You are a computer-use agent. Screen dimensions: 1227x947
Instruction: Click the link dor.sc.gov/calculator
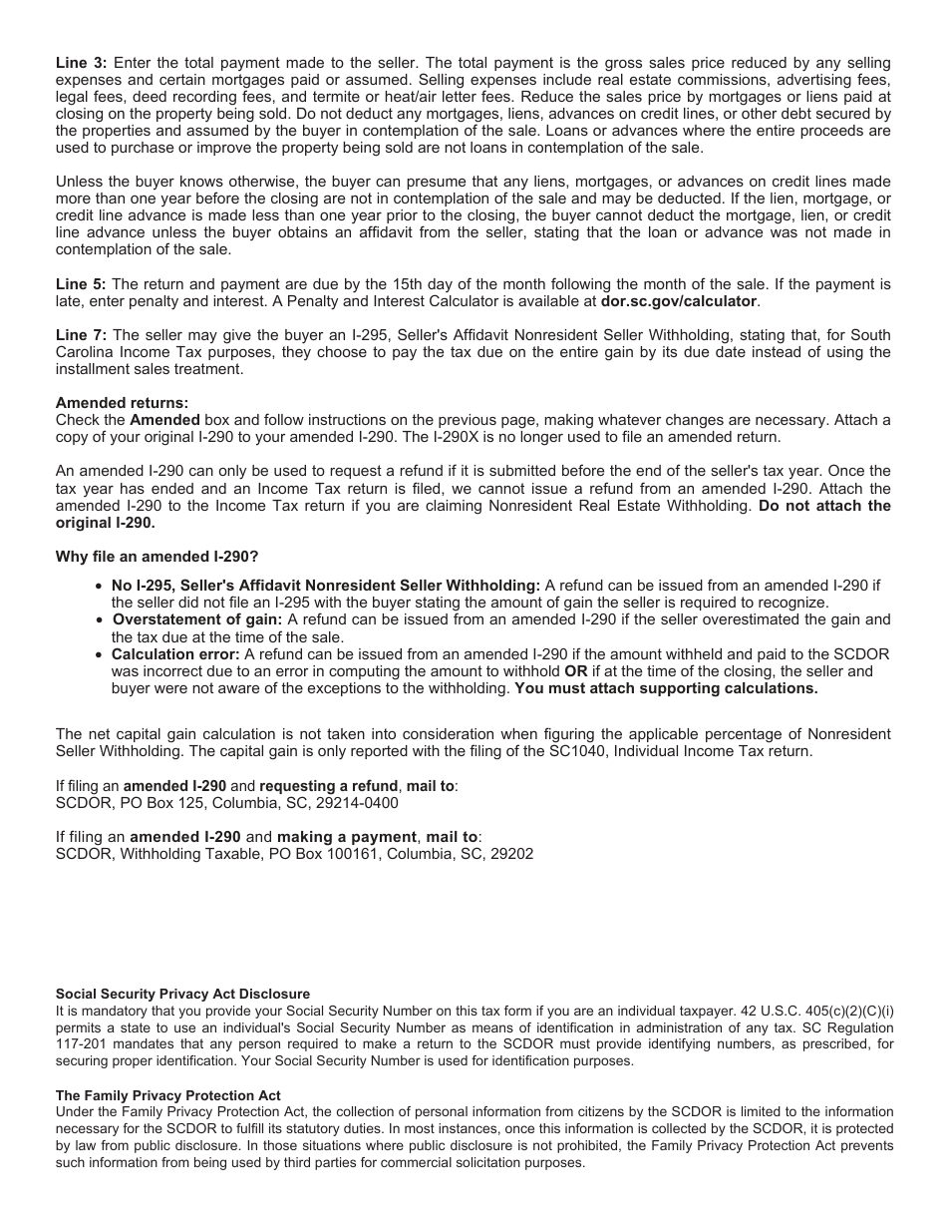pyautogui.click(x=678, y=300)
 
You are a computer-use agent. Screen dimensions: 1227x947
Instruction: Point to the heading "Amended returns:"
pyautogui.click(x=122, y=403)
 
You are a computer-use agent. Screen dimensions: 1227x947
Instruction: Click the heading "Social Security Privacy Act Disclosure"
pyautogui.click(x=182, y=994)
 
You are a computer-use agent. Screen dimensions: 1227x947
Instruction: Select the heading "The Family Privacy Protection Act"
pyautogui.click(x=167, y=1095)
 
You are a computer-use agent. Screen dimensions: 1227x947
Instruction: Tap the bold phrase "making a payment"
pyautogui.click(x=346, y=837)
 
